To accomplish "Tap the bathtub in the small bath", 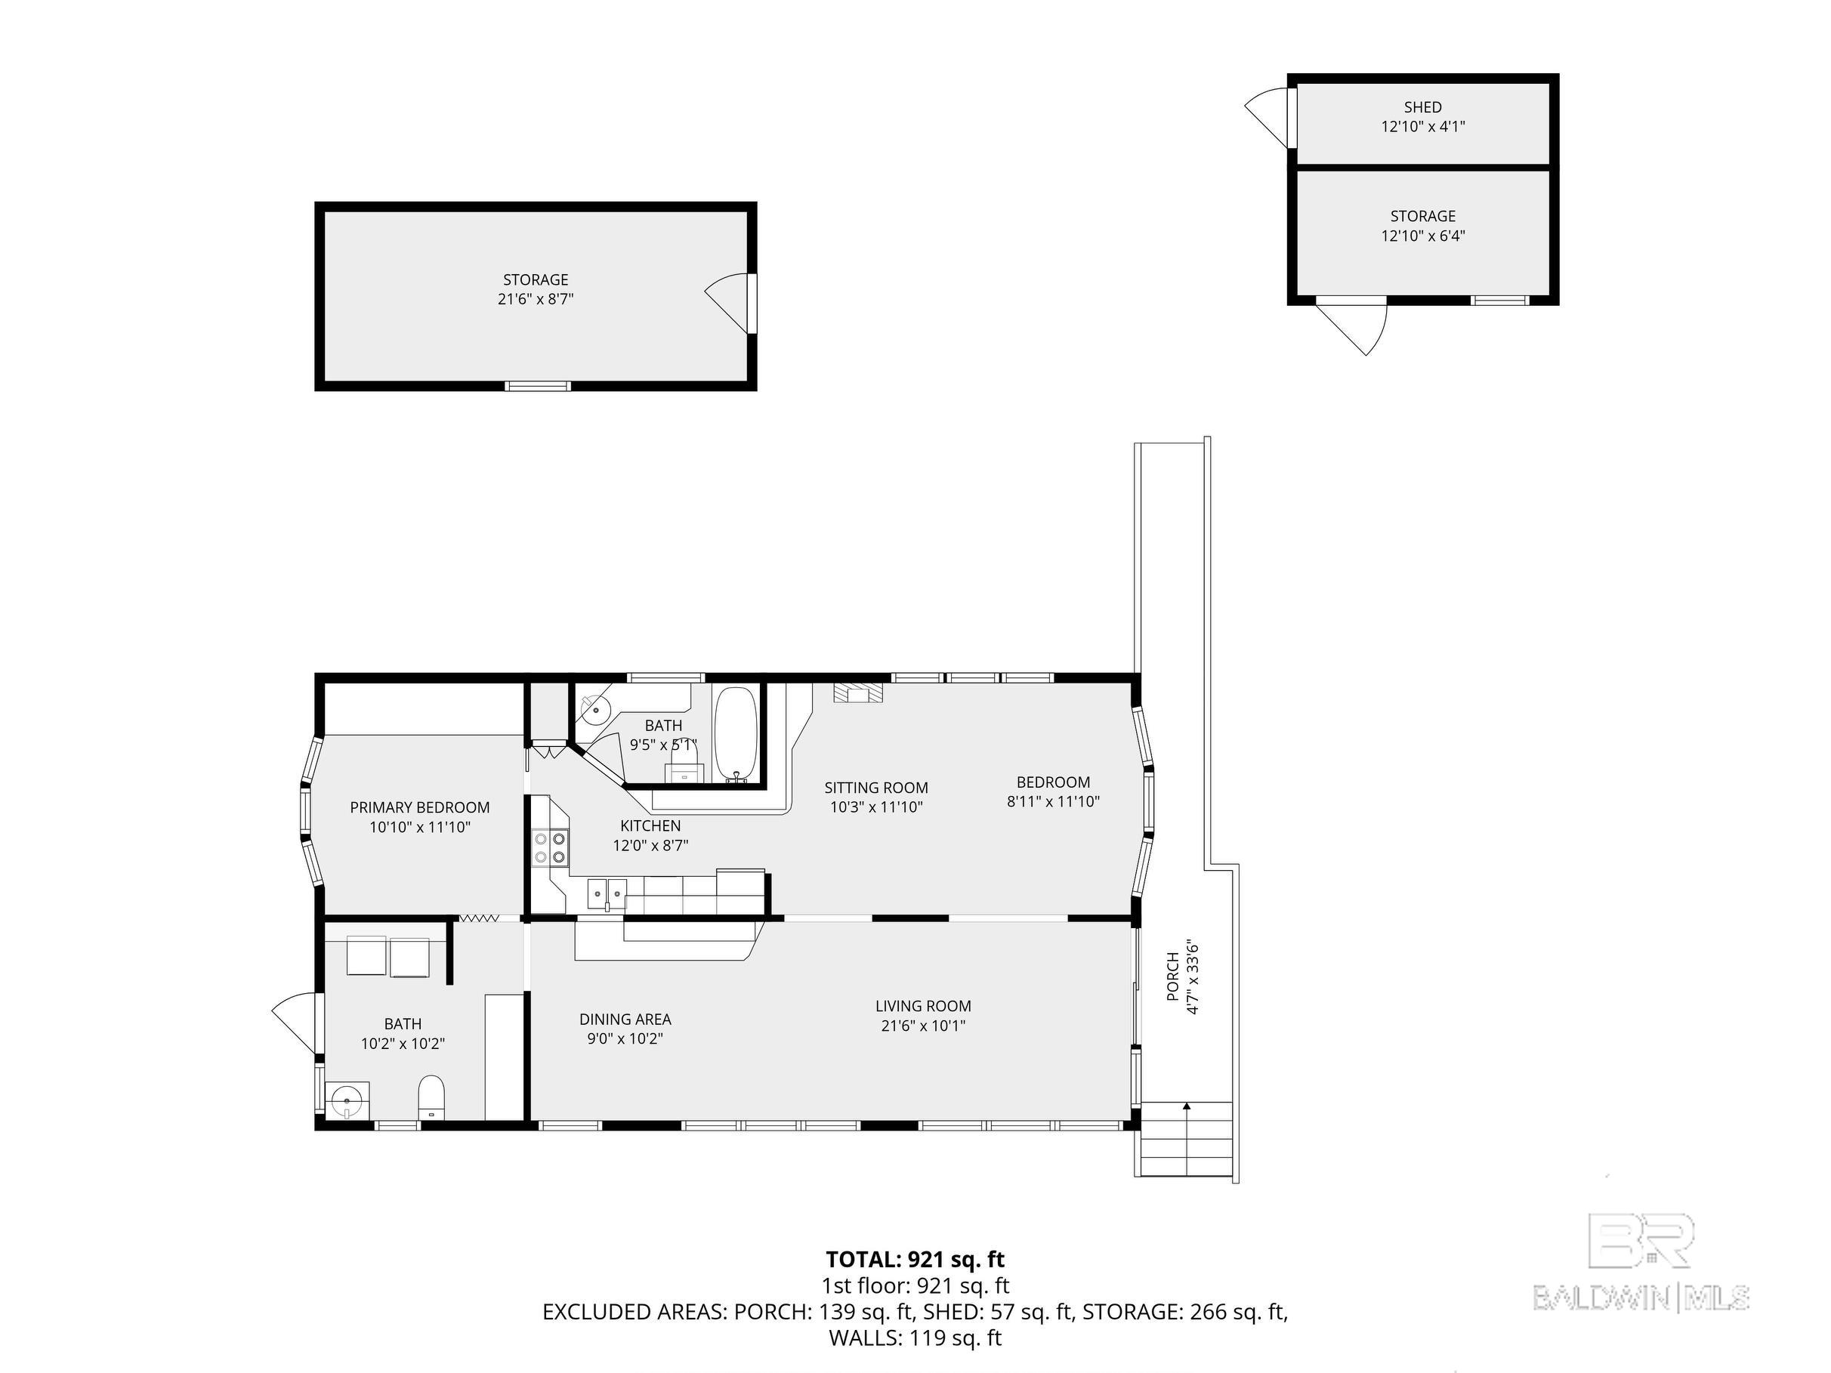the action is pos(735,734).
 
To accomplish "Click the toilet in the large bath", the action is pos(431,1097).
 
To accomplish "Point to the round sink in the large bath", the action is pos(347,1100).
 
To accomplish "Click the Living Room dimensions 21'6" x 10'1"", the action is pos(923,1026).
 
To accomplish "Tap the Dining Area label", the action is pos(625,1020).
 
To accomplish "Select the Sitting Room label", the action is pos(875,788).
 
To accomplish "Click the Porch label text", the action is pos(1173,977).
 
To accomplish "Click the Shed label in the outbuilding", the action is pos(1423,106).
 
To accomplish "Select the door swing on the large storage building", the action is pos(727,303).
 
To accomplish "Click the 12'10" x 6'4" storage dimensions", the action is pos(1423,236).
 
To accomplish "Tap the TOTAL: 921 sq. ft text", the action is pos(915,1260).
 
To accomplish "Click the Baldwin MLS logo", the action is pos(1641,1262).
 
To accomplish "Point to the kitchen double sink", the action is pos(607,893).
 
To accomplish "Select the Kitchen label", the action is pos(650,826).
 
